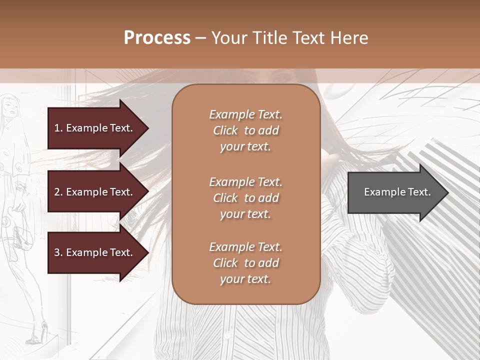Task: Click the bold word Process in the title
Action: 157,38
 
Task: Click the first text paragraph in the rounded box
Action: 245,130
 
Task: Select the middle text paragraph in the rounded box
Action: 245,197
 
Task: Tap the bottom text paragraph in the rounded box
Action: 245,263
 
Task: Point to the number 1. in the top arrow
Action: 58,128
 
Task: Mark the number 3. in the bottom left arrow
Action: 58,252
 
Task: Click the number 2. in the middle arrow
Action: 58,192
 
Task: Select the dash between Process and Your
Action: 201,38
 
